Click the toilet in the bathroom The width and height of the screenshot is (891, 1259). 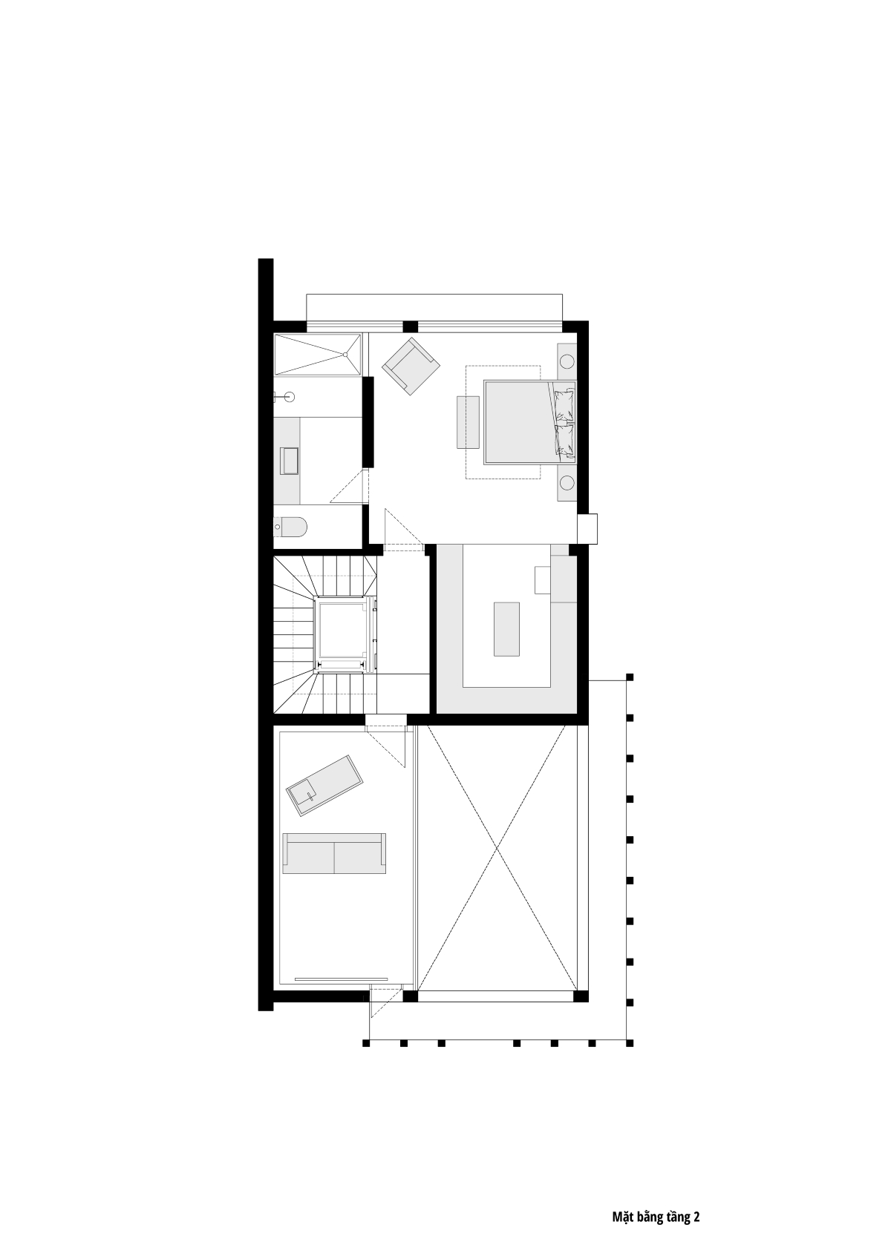tap(291, 527)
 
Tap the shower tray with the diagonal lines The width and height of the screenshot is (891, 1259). tap(317, 354)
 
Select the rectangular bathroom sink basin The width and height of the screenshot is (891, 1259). tap(289, 461)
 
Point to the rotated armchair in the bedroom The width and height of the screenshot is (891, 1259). tap(411, 366)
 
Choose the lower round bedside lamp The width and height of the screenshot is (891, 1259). tap(567, 482)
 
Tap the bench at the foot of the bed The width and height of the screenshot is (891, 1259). tap(468, 422)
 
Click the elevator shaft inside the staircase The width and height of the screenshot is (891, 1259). tap(343, 634)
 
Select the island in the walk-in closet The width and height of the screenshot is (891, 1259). tap(507, 629)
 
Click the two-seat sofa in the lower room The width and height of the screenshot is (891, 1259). tap(335, 853)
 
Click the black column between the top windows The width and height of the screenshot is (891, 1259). tap(411, 326)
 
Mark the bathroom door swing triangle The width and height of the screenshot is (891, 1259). tap(349, 486)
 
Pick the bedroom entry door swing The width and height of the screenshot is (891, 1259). tap(402, 527)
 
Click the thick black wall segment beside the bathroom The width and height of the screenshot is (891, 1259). tap(368, 422)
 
